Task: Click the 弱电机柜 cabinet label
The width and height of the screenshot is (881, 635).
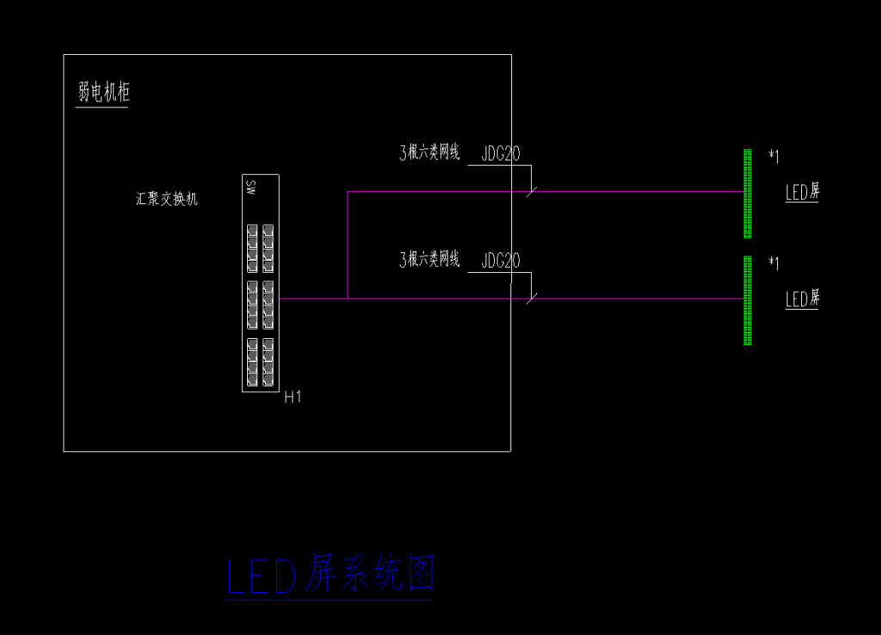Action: click(103, 92)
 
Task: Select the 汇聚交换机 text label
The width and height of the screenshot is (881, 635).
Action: click(167, 199)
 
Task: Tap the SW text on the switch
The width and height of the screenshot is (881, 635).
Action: click(251, 188)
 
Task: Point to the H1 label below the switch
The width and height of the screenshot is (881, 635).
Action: click(293, 397)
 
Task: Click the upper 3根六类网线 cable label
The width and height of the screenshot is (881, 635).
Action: click(429, 154)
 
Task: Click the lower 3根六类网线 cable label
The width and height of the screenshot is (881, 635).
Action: click(429, 260)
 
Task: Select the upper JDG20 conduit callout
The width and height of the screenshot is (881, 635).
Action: click(500, 155)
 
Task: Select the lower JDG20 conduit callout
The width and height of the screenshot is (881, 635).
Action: click(500, 261)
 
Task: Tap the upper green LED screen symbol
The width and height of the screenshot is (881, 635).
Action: click(748, 193)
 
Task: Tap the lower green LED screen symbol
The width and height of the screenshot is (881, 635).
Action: click(748, 300)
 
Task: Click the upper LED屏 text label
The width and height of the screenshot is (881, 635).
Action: click(802, 193)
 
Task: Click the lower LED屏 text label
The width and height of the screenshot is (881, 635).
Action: click(802, 299)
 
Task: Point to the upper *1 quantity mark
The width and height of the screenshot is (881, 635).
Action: click(773, 156)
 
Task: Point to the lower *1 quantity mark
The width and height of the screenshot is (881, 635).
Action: click(773, 262)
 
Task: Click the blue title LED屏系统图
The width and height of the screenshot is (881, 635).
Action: click(330, 576)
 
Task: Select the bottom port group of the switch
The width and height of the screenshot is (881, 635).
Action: click(260, 361)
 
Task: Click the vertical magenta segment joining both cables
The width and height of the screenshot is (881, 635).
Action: click(348, 245)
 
